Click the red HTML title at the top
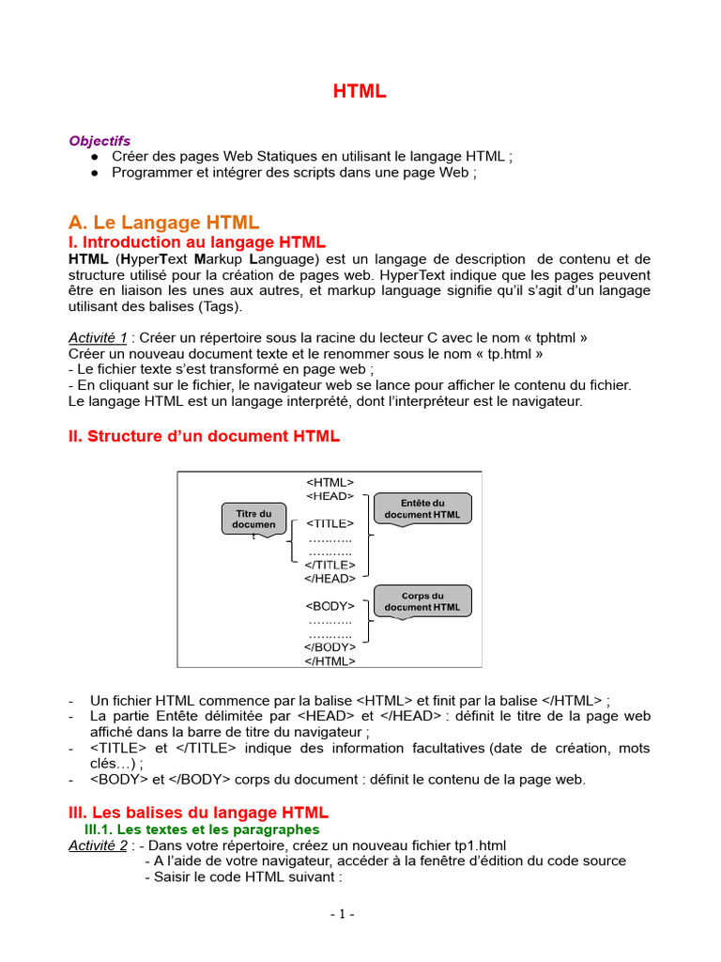360,91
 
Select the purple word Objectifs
100,141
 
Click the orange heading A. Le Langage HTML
163,223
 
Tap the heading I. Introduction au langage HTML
197,242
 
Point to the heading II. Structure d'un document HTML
204,436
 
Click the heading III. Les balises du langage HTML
198,812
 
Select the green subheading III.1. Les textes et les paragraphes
202,830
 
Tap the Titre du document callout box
253,519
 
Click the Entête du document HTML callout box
422,508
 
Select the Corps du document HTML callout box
422,601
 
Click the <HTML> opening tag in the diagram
330,482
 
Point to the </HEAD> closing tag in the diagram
330,579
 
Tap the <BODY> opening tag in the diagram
330,606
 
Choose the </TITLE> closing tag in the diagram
330,565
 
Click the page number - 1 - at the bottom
342,914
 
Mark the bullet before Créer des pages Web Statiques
96,157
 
